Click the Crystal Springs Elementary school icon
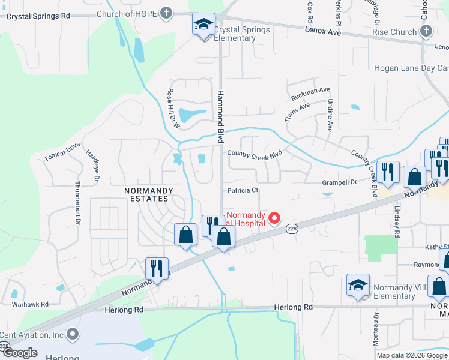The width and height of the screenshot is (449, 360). coord(203,25)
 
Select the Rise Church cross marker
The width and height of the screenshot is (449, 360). coord(426,31)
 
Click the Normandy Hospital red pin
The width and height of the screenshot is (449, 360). coord(274,218)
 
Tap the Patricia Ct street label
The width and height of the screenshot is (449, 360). coord(243,191)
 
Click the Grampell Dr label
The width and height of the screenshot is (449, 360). coord(340,181)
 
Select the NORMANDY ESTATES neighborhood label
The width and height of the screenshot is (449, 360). coord(149,194)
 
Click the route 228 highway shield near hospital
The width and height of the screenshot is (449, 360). coord(292,229)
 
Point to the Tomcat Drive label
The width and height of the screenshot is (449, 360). coord(62,152)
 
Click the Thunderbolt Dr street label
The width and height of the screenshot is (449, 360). coord(78,203)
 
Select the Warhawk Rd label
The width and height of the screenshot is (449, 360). coord(30,304)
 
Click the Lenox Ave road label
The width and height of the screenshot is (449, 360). coord(322,30)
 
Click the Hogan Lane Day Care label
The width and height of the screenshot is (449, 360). coord(411,68)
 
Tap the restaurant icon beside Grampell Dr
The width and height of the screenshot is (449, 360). coord(388,172)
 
